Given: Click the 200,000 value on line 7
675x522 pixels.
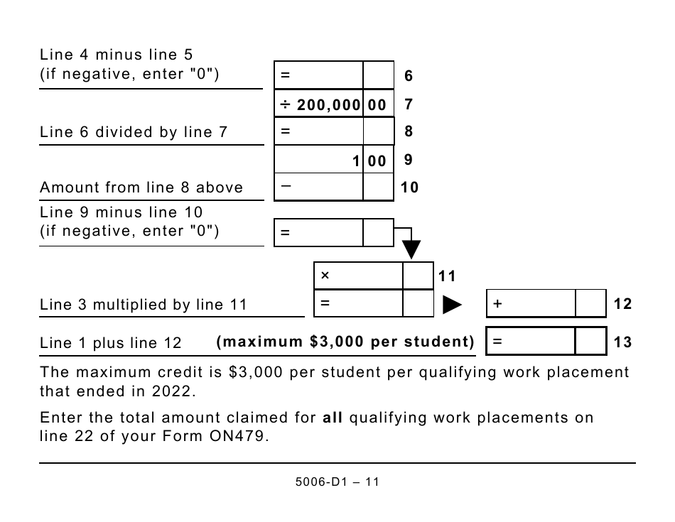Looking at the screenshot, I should click(x=330, y=104).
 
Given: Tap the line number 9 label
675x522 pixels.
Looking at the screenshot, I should click(x=408, y=161).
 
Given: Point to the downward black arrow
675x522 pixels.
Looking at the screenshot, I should click(x=411, y=249).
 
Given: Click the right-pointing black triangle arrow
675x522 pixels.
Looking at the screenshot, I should click(x=452, y=305).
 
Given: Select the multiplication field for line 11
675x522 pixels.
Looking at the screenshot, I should click(x=359, y=276).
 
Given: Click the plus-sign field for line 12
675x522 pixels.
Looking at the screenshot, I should click(x=531, y=304).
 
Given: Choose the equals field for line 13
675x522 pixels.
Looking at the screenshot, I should click(x=531, y=342).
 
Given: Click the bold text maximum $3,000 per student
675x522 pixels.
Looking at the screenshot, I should click(x=345, y=342).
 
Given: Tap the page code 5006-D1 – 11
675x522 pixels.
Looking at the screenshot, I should click(x=337, y=482).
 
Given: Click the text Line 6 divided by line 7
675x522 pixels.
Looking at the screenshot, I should click(x=134, y=132).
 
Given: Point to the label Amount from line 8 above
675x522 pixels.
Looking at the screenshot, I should click(x=141, y=187).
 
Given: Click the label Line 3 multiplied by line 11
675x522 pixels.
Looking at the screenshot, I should click(x=144, y=305).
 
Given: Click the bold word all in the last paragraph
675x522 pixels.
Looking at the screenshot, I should click(x=333, y=418).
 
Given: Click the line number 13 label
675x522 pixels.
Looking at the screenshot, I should click(x=622, y=342).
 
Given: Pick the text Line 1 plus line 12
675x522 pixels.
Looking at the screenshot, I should click(x=111, y=343).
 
